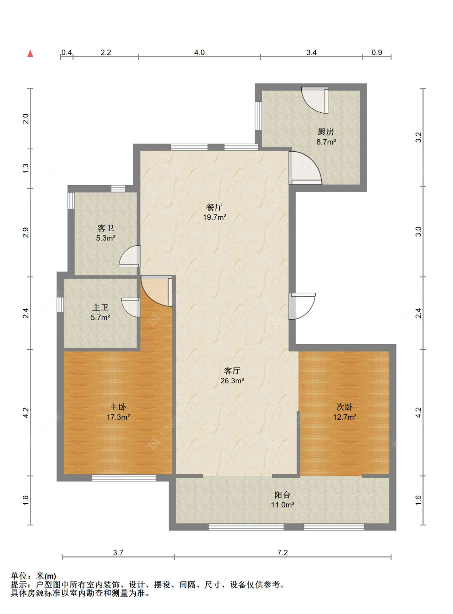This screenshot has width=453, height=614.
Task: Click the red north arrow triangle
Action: point(31,53)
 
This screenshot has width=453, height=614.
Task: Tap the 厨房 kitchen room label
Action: point(326,132)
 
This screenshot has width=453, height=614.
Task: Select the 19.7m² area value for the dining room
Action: point(215,217)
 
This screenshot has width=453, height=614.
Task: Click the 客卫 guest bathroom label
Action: point(105,228)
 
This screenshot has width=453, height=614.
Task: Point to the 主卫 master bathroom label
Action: point(100,308)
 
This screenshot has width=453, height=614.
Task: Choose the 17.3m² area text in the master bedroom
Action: point(118,417)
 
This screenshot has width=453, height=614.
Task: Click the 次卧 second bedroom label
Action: point(344,407)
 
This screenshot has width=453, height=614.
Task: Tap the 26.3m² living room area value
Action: point(232,380)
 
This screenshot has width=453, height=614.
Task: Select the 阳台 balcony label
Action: point(282,495)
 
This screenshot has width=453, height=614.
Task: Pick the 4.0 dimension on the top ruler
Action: point(199,52)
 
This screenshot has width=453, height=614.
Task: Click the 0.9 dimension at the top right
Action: point(377,52)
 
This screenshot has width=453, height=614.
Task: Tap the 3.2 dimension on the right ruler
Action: point(418,137)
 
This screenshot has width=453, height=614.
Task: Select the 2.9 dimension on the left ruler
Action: point(25,232)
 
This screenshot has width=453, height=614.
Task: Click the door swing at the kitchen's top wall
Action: point(315,100)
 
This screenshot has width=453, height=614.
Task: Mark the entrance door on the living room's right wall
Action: point(302,306)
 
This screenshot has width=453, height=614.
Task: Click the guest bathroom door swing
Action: point(130,256)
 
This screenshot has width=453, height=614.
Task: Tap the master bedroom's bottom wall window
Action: point(124,478)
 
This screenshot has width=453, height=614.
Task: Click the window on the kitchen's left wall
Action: point(258,116)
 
